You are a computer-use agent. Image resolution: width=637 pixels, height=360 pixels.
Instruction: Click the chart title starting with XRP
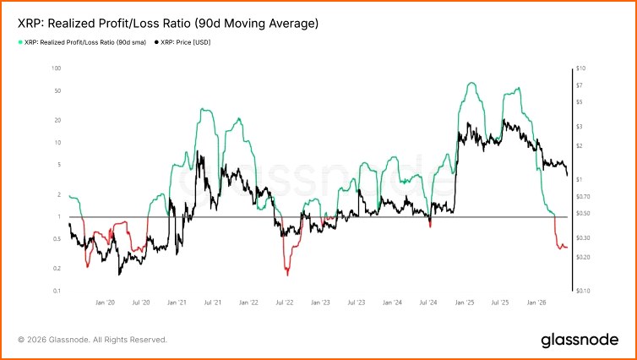point(168,24)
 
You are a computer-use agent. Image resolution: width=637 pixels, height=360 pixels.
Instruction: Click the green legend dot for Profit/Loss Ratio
point(20,42)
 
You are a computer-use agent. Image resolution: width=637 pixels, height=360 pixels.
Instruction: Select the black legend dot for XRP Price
point(156,42)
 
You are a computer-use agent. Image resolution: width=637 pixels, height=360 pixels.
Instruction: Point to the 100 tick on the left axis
point(56,68)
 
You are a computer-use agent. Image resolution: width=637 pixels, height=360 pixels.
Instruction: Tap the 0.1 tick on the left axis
point(57,291)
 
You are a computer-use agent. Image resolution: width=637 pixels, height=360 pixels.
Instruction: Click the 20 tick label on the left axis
point(57,120)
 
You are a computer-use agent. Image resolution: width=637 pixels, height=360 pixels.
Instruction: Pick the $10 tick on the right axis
point(581,68)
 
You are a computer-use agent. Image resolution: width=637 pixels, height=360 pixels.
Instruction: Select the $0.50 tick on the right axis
point(584,213)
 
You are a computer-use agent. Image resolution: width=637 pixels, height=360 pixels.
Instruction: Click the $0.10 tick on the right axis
point(584,291)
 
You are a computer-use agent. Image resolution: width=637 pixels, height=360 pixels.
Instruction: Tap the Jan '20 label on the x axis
point(106,303)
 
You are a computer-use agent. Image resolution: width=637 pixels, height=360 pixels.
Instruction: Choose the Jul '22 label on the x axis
point(285,303)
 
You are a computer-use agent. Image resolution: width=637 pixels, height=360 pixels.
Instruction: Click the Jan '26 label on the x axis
point(536,303)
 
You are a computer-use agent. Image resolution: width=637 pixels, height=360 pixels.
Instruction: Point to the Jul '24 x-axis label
point(428,303)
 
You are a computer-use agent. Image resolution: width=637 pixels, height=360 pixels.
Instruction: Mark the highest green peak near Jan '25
point(471,83)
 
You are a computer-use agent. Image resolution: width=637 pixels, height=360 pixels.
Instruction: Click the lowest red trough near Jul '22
point(287,275)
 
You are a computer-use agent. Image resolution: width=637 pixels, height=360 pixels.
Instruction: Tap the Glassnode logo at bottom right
point(580,340)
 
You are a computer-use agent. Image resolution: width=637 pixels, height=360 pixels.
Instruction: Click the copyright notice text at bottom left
point(92,340)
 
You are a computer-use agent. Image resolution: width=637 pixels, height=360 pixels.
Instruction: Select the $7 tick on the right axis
point(580,85)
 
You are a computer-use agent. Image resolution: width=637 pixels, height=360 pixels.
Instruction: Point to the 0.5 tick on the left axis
point(57,239)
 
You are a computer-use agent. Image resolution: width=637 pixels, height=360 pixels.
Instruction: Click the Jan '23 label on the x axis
point(320,303)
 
